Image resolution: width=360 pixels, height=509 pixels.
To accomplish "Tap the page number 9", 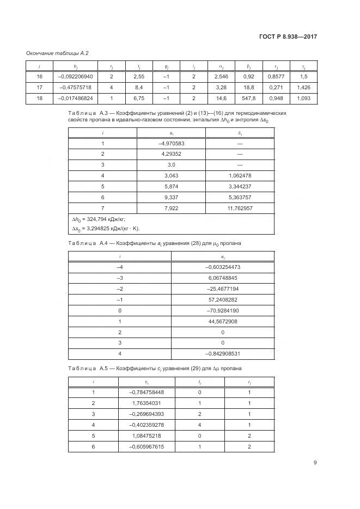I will point(315,463).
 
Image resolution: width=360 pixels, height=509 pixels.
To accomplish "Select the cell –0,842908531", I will point(223,353).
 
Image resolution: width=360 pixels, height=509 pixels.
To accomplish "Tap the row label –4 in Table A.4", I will point(120,267).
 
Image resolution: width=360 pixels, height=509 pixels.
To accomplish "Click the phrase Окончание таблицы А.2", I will point(57,53).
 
